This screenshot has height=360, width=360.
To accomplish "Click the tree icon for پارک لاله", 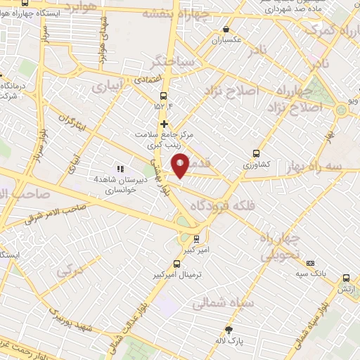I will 229,330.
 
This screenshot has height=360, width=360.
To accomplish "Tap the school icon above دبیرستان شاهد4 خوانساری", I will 120,169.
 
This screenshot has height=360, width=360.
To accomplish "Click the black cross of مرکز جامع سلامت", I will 164,124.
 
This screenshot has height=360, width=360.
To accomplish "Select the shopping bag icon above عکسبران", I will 226,30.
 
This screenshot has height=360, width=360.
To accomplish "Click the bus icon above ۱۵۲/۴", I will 164,96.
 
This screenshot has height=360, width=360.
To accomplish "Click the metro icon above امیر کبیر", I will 197,238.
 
